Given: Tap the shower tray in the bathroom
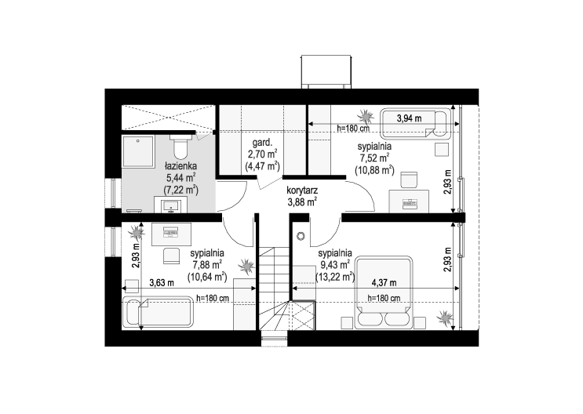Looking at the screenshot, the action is point(137,151).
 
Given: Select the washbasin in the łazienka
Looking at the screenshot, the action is point(171,205).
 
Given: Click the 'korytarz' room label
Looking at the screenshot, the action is point(301,191).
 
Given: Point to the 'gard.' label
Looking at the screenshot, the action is point(263,143).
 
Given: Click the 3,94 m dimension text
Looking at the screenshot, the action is point(410,118).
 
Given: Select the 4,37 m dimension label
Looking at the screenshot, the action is point(384,283).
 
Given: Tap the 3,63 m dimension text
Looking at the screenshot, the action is point(162,283).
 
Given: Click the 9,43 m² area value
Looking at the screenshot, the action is point(335,264).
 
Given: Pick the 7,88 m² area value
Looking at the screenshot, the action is point(207,264).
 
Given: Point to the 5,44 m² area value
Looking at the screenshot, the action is point(180,178).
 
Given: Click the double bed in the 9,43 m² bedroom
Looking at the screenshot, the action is point(384,292).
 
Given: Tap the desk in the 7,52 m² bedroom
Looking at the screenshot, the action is point(409,202).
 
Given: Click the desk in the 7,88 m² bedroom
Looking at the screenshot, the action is point(171,234).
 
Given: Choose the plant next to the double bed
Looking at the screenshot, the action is point(445,318).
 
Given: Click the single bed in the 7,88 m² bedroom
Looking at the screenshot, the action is point(159,311).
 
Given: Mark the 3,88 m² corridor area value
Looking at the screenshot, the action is point(301,202).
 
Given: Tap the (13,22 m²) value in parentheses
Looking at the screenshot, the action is point(335,277).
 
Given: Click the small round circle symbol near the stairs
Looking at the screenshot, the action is point(301,236).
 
